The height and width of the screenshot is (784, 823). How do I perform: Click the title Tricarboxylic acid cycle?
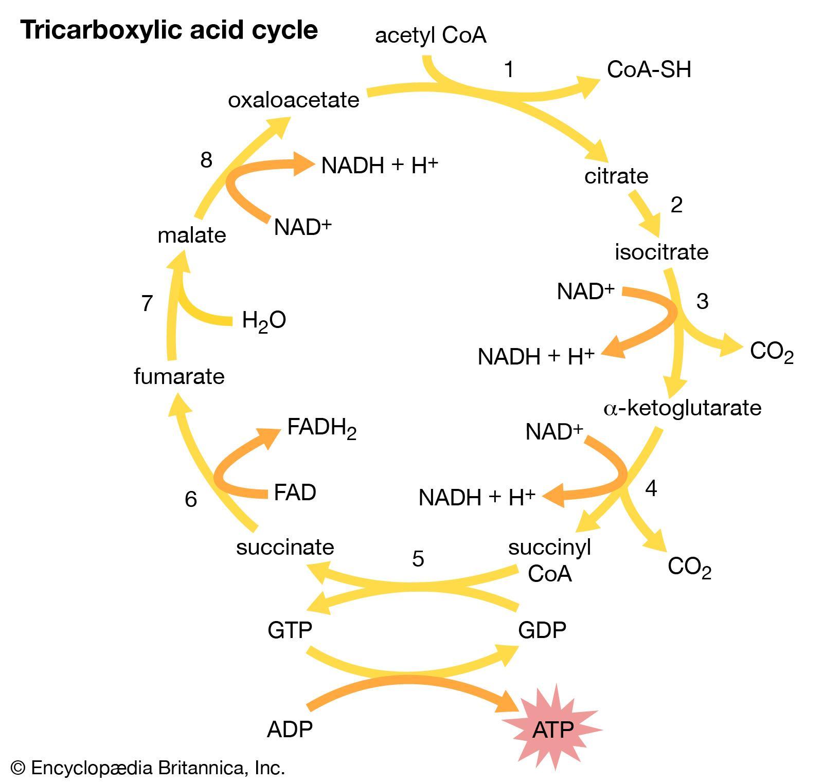click(169, 30)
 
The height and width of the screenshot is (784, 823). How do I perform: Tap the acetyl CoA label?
click(431, 36)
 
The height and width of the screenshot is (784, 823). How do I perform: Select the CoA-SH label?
click(649, 69)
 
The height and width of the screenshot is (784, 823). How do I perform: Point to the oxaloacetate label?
click(293, 100)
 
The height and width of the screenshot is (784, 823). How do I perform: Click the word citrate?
click(616, 176)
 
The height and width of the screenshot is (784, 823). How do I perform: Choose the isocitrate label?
click(661, 252)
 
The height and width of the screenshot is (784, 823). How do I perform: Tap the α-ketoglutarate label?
click(682, 408)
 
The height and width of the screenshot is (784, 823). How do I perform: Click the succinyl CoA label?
click(549, 560)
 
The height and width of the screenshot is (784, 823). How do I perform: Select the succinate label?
click(285, 547)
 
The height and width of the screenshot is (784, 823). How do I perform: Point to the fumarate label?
click(179, 376)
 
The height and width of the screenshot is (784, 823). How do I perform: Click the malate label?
click(191, 235)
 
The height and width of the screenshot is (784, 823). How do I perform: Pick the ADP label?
click(290, 729)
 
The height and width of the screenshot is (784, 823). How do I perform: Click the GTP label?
click(290, 630)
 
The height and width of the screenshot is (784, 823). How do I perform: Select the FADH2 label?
click(321, 427)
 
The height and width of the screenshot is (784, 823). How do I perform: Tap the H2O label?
click(263, 321)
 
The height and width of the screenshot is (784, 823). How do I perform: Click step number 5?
click(418, 558)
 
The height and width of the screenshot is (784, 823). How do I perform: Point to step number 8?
click(206, 160)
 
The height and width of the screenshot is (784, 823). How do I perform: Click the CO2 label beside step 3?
click(771, 352)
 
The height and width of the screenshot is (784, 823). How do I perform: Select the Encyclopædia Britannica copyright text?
click(148, 768)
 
